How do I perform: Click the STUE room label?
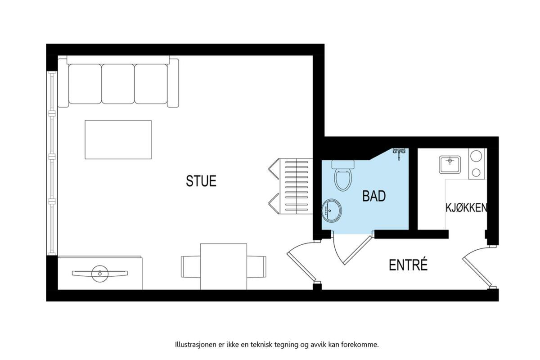(x=201, y=181)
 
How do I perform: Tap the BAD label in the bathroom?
(x=374, y=196)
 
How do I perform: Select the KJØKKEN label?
(x=467, y=208)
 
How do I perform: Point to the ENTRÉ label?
(x=409, y=265)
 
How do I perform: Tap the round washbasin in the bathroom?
(x=332, y=211)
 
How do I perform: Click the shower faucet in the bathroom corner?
(x=399, y=153)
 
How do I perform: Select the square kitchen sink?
(x=450, y=165)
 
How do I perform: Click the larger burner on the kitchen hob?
(x=476, y=156)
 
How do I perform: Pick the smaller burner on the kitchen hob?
(x=476, y=172)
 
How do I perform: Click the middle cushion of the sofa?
(x=118, y=84)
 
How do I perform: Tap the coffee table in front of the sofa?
(x=118, y=139)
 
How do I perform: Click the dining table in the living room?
(x=224, y=266)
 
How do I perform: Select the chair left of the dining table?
(x=191, y=267)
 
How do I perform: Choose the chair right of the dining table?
(x=256, y=267)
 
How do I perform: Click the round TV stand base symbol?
(x=100, y=274)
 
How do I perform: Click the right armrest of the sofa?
(x=173, y=83)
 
